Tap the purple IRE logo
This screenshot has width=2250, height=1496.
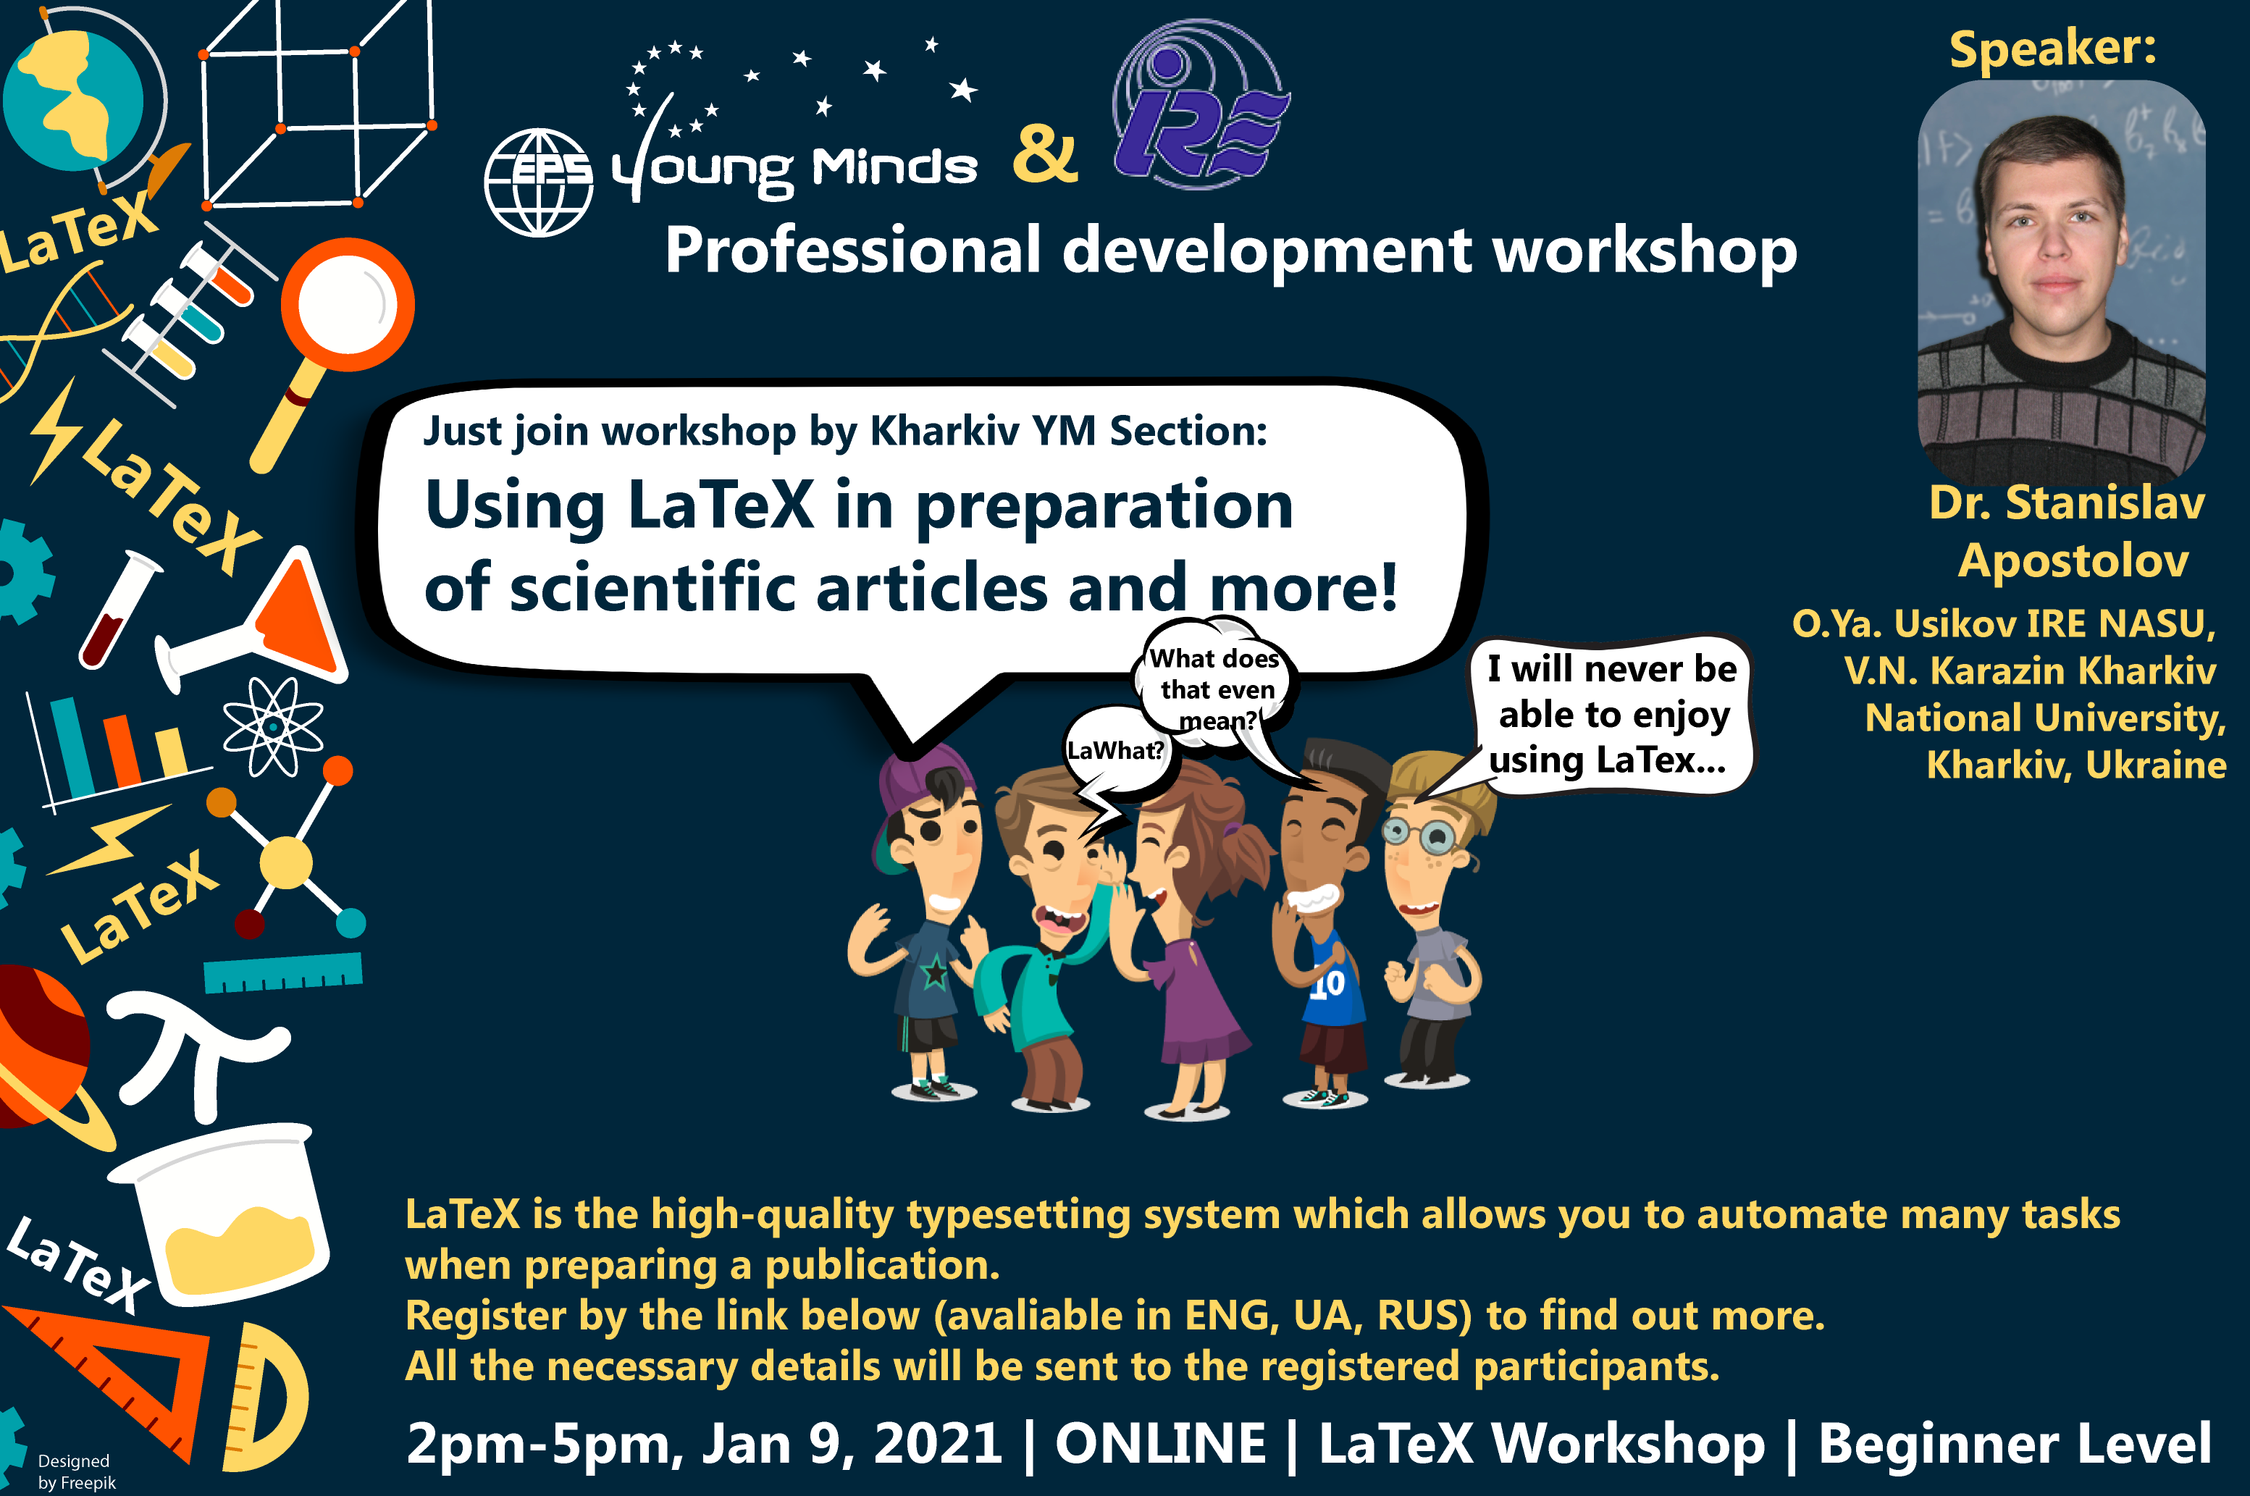[1201, 105]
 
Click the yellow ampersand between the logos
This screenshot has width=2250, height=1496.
[1046, 154]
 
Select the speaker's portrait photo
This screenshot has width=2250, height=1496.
[2061, 282]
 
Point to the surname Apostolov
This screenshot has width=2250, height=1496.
[2073, 561]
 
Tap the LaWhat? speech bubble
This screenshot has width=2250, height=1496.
[1115, 751]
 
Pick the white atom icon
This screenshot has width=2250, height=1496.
[273, 727]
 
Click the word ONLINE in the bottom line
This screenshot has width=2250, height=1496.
[1160, 1442]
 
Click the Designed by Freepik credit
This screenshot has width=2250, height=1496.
[76, 1471]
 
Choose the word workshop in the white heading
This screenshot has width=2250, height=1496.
[1644, 251]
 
